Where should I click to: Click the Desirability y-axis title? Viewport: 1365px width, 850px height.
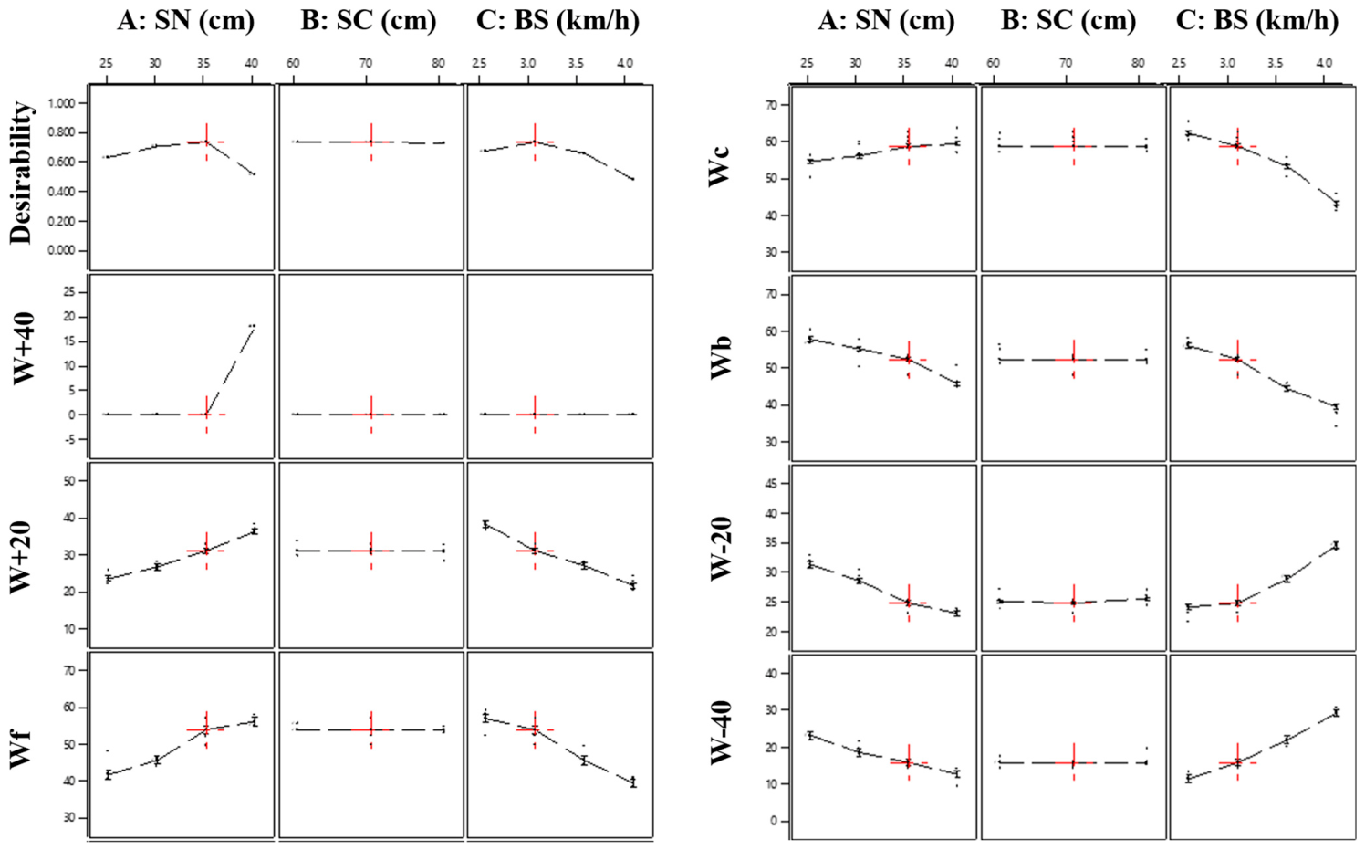tap(21, 173)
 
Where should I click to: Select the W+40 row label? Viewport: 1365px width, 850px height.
tap(25, 348)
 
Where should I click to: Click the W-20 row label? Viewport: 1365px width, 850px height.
tap(721, 548)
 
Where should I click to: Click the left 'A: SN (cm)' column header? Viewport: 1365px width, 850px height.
tap(186, 21)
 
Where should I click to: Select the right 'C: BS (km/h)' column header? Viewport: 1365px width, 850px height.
tap(1257, 21)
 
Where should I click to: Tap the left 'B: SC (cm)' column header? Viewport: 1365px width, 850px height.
tap(369, 21)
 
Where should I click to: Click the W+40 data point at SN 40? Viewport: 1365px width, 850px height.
tap(252, 326)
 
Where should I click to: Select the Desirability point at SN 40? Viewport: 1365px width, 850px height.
tap(254, 173)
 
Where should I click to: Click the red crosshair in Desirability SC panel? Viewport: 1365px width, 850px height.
tap(371, 142)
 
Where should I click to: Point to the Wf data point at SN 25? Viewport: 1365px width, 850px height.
tap(108, 774)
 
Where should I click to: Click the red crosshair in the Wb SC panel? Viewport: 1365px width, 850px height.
tap(1073, 360)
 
